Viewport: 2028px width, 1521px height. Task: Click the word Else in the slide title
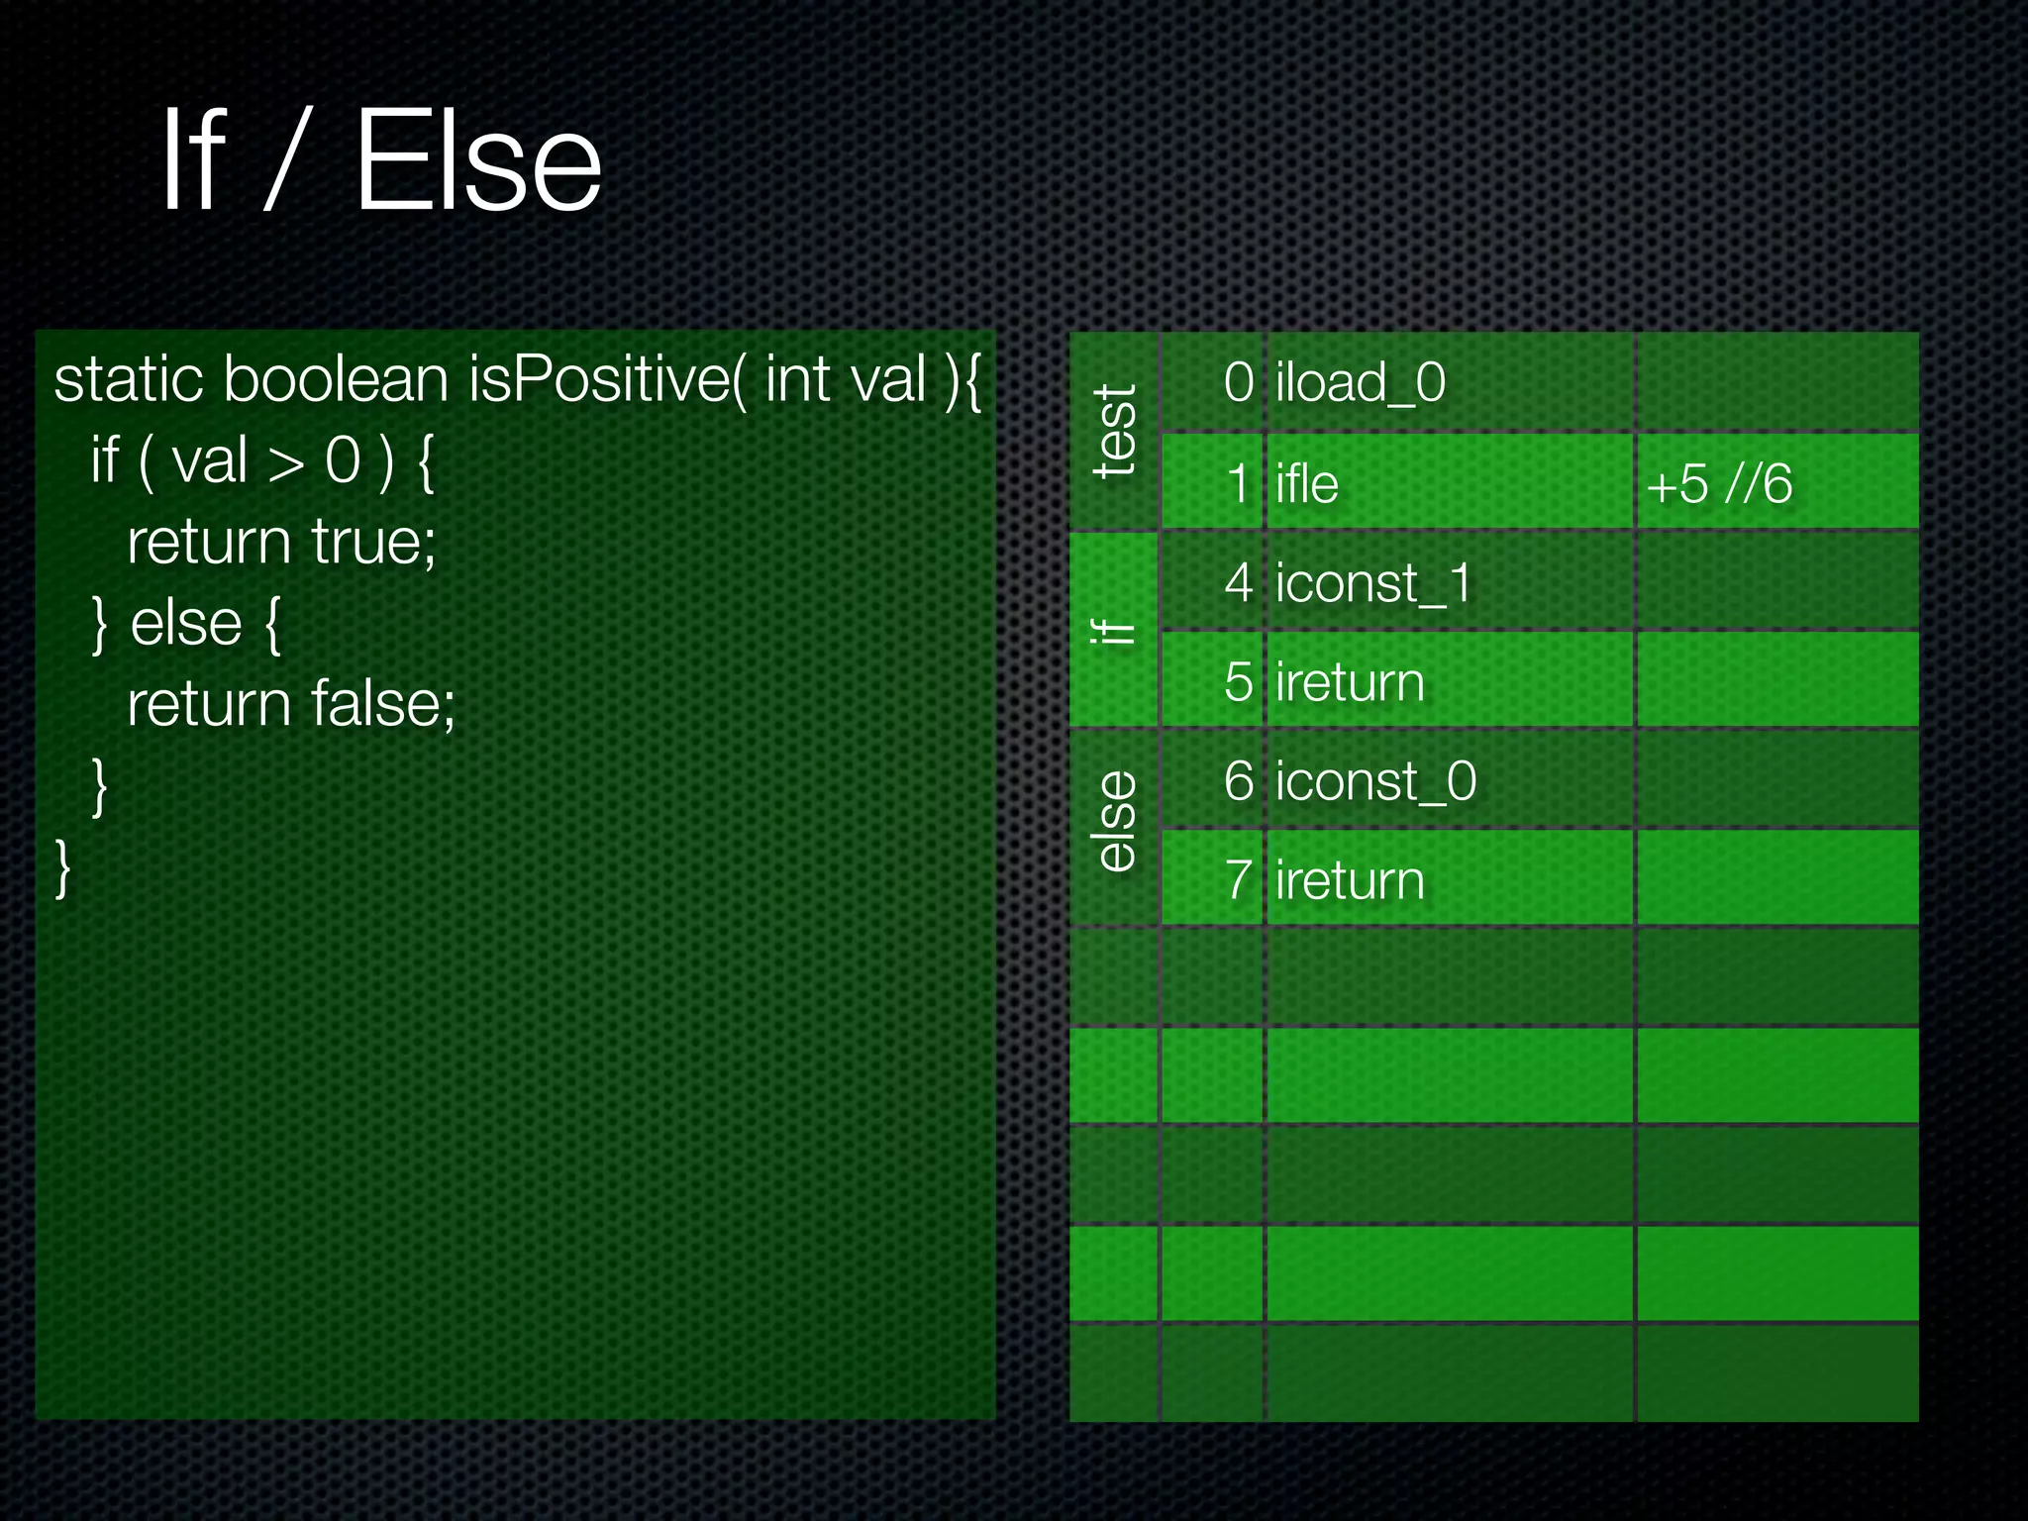coord(478,161)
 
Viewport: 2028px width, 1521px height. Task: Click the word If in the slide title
coord(194,161)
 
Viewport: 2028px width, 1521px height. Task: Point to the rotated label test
coord(1115,432)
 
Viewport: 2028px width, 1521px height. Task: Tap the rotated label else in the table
coord(1115,822)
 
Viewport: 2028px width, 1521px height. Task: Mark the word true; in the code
coord(373,542)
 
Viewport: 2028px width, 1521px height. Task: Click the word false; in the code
coord(382,704)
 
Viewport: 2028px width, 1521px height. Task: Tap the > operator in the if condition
coord(286,462)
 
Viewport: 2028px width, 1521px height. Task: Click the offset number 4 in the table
coord(1239,582)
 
